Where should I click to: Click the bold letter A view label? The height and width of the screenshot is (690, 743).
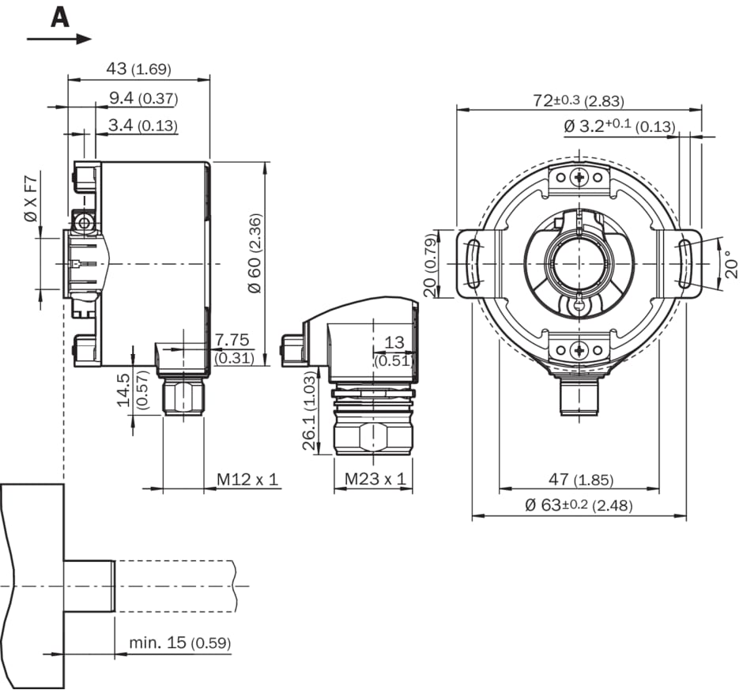pos(60,17)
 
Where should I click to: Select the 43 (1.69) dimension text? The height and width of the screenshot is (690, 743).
pos(138,70)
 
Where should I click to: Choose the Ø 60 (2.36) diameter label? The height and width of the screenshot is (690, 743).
pos(254,253)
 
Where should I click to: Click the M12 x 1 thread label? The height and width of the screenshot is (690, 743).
pos(248,479)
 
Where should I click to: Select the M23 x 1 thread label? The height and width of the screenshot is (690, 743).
pos(374,479)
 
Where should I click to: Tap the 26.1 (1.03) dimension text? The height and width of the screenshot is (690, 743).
pos(310,412)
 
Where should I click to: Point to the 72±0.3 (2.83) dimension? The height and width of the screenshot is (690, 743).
pos(578,100)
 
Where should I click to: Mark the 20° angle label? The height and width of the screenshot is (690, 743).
pos(731,263)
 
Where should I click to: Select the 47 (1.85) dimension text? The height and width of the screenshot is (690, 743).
pos(582,480)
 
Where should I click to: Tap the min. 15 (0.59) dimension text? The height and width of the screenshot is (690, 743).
pos(180,643)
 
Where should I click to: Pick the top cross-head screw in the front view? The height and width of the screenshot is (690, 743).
pos(580,178)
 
